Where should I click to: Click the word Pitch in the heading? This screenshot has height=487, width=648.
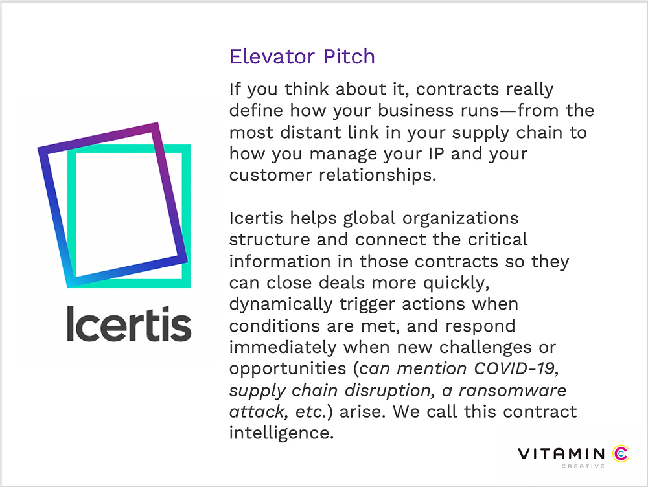tap(349, 56)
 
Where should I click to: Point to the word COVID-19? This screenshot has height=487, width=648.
tap(516, 368)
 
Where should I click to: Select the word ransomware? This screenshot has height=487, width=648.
tap(513, 391)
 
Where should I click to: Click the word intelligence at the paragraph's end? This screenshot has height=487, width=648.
tap(281, 433)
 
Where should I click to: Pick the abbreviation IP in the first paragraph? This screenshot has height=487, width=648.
tap(436, 153)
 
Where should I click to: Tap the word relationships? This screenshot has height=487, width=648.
tap(377, 175)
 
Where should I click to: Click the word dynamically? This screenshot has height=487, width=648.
tap(281, 304)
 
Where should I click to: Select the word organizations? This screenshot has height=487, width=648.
tap(460, 218)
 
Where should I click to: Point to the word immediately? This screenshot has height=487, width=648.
tap(283, 347)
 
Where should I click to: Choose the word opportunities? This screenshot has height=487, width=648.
tap(288, 368)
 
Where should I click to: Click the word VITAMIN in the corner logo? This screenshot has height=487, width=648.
tap(562, 454)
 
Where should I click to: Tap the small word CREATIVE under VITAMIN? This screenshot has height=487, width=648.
tap(583, 466)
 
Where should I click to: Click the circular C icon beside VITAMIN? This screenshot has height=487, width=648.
tap(620, 453)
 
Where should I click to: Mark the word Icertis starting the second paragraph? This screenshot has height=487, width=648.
tap(256, 218)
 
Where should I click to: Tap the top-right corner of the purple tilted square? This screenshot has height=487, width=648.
tap(157, 122)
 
